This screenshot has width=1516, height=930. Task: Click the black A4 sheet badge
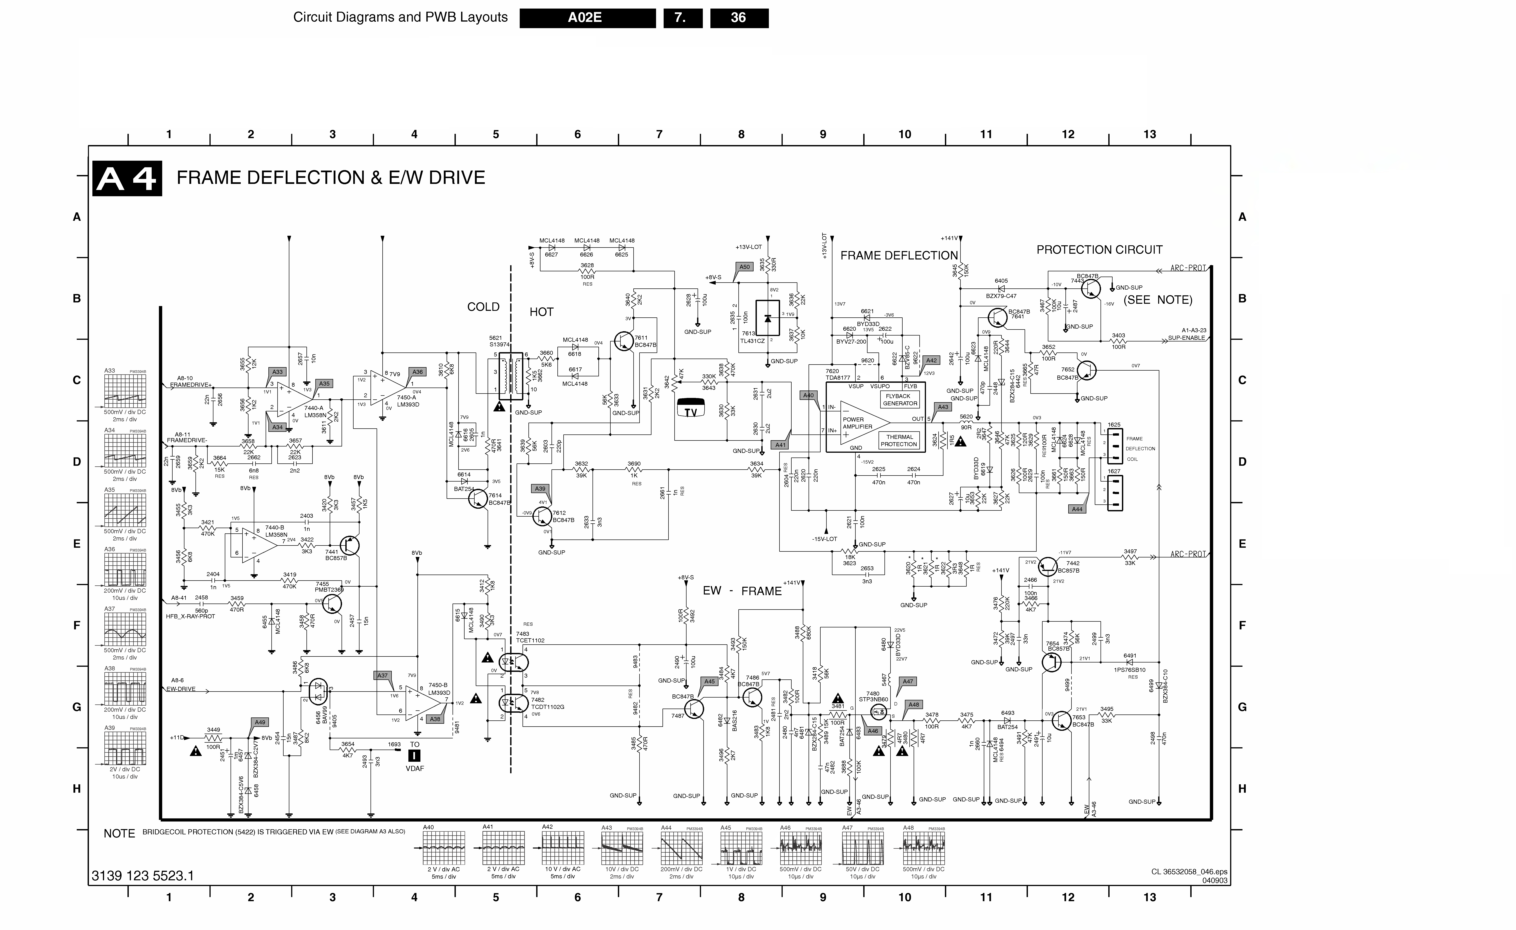point(127,178)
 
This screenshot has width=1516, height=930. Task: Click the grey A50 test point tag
point(744,267)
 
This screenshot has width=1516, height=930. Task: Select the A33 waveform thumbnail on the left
point(125,392)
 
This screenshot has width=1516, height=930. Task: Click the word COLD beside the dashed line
point(483,307)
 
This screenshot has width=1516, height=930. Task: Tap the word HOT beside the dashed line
point(541,312)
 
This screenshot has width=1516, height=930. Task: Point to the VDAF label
point(415,768)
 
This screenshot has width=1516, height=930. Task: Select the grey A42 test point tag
point(932,360)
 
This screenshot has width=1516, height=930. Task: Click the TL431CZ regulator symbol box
point(767,318)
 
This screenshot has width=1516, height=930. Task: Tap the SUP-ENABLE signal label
point(1187,338)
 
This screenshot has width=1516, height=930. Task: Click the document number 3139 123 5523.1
point(143,876)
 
